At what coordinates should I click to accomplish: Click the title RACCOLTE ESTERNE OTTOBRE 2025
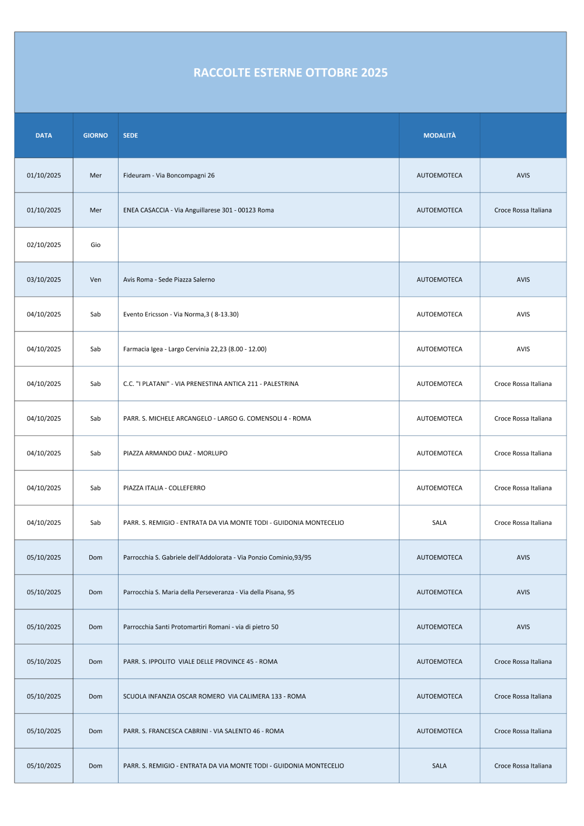[290, 72]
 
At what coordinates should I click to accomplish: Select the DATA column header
[44, 135]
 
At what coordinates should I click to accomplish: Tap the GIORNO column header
[95, 135]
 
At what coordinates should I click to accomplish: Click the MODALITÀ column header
[439, 135]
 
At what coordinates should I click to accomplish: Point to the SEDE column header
[131, 135]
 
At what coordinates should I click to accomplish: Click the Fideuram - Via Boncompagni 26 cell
[169, 175]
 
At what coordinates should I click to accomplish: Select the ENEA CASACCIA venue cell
[199, 210]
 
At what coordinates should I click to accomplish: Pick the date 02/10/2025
[44, 245]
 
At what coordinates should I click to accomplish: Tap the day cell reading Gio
[95, 245]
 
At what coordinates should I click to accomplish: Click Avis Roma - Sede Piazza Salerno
[169, 280]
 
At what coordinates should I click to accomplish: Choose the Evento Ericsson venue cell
[181, 314]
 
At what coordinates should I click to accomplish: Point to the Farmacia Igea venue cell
[194, 349]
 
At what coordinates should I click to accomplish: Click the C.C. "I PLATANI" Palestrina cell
[211, 384]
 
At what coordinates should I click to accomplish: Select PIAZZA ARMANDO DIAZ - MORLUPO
[175, 453]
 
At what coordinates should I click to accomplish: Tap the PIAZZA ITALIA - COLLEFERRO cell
[164, 488]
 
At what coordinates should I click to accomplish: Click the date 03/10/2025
[44, 280]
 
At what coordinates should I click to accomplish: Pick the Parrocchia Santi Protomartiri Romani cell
[201, 627]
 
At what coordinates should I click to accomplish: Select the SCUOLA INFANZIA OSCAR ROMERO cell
[214, 696]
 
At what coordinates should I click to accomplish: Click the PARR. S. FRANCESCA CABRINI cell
[203, 731]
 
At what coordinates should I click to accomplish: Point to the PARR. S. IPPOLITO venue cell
[200, 661]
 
